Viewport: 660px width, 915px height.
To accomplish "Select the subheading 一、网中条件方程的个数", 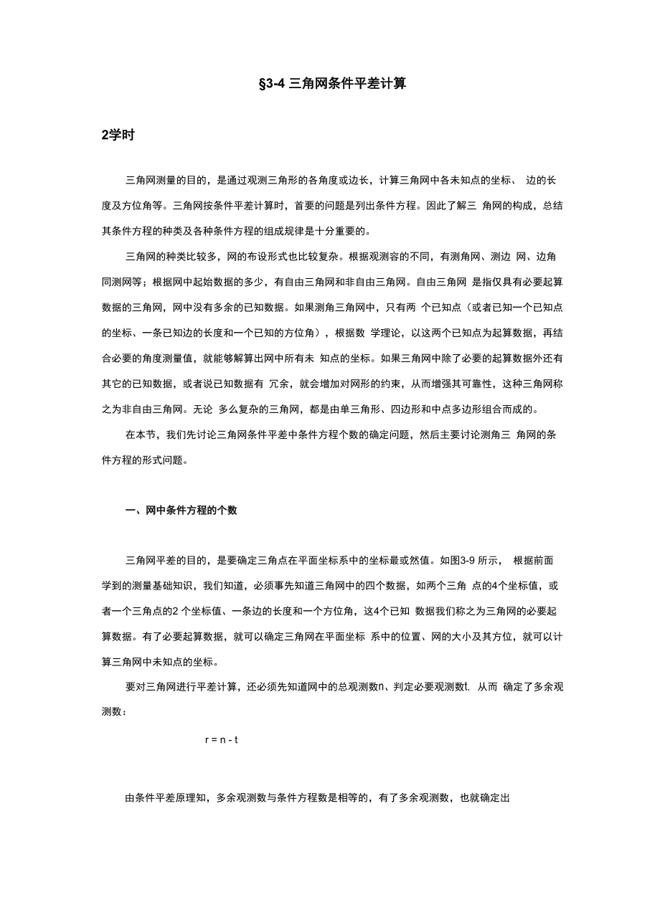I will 181,511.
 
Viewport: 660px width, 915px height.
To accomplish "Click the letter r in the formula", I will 207,739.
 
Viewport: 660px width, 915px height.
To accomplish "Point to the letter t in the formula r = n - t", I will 236,739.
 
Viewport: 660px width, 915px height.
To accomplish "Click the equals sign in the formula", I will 214,739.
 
